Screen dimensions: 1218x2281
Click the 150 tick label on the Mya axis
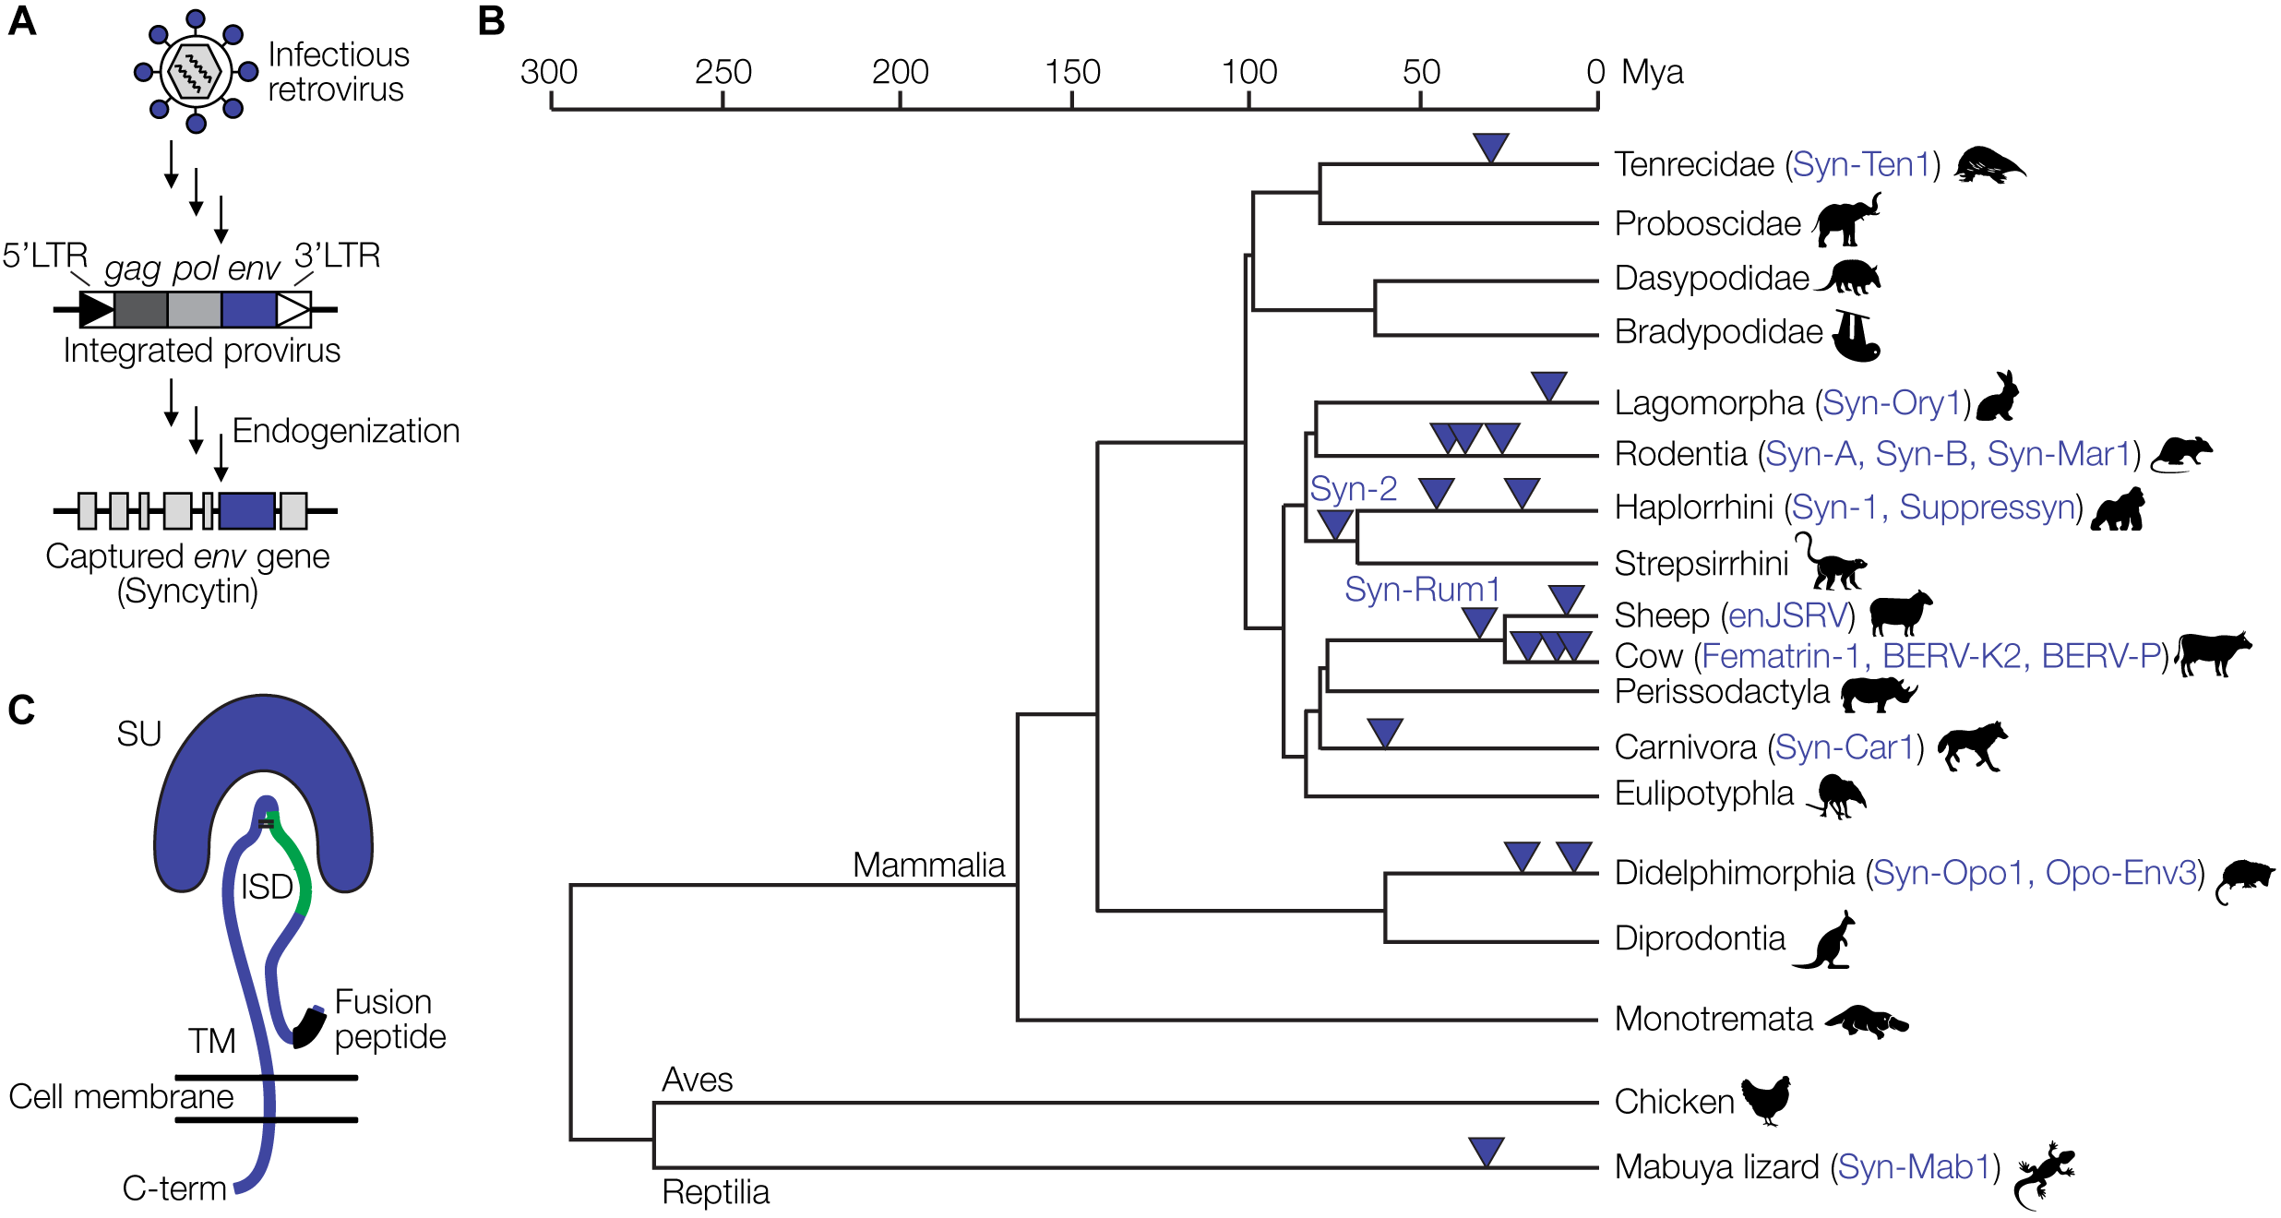coord(1072,72)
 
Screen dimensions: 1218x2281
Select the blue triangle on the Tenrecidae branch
coord(1490,146)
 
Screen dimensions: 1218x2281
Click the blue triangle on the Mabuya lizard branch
coord(1486,1150)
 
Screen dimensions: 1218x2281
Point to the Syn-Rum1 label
coord(1421,589)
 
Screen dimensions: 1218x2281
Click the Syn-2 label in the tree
coord(1353,488)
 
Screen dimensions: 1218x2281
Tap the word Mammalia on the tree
coord(928,865)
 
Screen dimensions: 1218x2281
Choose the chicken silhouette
coord(1767,1099)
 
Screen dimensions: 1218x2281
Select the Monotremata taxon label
coord(1714,1019)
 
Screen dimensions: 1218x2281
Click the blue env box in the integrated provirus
coord(248,310)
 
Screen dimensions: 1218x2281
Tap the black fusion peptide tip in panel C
coord(308,1027)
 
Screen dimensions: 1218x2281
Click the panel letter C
coord(21,710)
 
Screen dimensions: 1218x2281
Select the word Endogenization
coord(345,431)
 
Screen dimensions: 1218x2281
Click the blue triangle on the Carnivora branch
coord(1384,732)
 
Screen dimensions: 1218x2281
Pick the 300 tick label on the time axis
coord(549,72)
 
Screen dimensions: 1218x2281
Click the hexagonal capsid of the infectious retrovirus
coord(196,71)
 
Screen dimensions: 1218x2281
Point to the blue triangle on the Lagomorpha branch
coord(1548,385)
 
